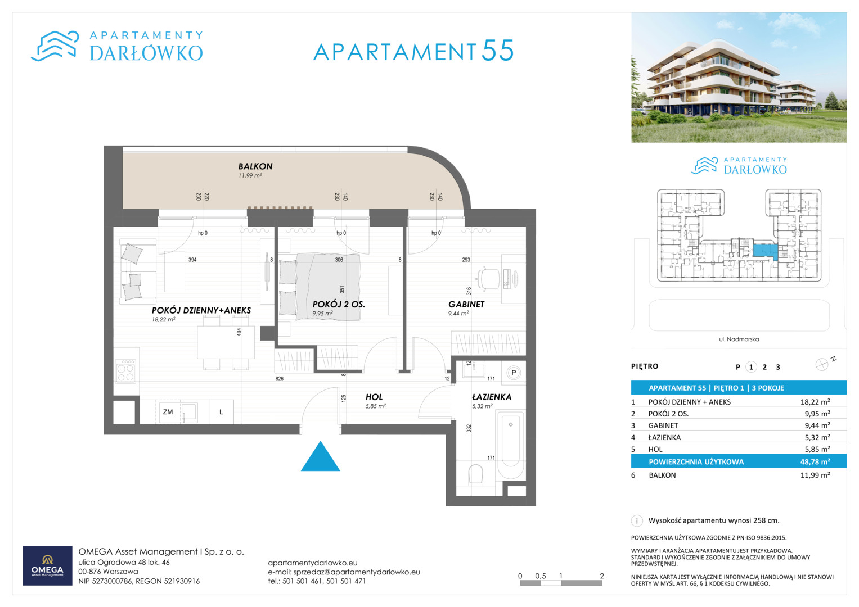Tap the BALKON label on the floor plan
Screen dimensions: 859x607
point(255,166)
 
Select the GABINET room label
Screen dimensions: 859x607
point(466,304)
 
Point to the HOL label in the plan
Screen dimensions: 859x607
point(374,397)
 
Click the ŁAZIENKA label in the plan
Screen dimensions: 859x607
point(492,397)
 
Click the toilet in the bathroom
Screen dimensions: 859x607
point(475,474)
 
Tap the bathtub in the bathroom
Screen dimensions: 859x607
point(510,445)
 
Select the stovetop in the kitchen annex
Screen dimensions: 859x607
point(126,370)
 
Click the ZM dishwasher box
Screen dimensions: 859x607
point(168,412)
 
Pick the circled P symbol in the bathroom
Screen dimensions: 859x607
point(514,373)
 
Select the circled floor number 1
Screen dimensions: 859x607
point(751,367)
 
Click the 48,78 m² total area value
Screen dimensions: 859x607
point(815,462)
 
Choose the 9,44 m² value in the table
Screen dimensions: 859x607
point(817,425)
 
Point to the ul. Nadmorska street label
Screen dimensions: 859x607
point(739,339)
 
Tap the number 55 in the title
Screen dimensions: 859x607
point(497,51)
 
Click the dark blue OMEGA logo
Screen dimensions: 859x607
point(47,565)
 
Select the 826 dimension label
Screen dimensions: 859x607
point(279,379)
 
